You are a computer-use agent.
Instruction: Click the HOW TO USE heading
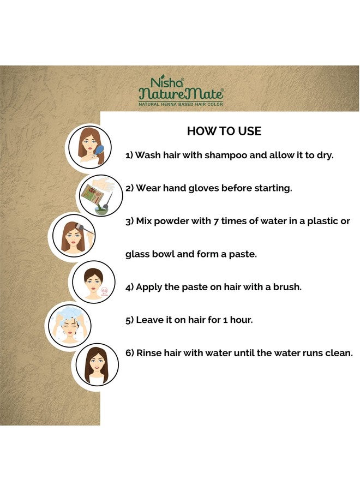coord(224,131)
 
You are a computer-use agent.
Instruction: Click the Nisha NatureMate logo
coord(181,89)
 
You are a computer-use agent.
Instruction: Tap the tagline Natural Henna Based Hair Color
coord(181,103)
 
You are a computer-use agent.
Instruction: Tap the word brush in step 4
coord(287,287)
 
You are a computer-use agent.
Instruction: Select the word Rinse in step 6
coord(151,354)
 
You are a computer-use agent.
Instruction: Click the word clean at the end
coord(339,354)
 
